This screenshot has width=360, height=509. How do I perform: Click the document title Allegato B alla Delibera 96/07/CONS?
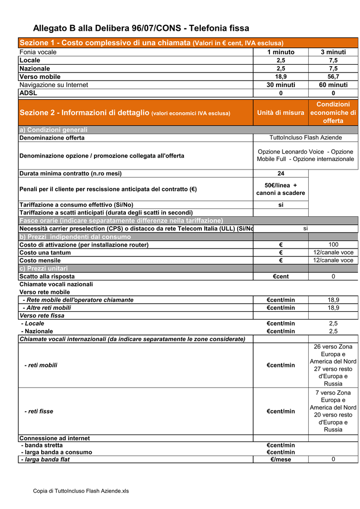pos(141,28)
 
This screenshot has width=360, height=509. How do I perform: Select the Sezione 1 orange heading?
pos(151,43)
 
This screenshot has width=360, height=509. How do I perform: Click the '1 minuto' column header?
pos(280,52)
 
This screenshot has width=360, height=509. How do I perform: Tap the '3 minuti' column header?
pos(333,52)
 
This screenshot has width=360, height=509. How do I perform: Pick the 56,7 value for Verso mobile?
pos(333,77)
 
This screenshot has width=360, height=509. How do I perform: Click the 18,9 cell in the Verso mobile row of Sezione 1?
pos(280,77)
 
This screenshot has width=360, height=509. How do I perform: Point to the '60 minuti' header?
pos(333,85)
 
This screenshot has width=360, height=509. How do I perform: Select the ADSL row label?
pos(28,93)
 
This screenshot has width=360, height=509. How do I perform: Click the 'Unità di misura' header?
pos(280,113)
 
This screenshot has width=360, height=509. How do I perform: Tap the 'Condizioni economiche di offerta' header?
pos(333,112)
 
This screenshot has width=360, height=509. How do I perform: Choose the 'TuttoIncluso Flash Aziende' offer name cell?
pos(305,138)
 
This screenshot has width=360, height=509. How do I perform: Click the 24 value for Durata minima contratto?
pos(280,173)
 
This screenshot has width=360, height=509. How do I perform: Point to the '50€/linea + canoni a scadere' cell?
pos(280,189)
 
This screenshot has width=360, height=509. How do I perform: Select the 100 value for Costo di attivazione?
pos(333,245)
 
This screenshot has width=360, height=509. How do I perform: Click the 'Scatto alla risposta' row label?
pos(47,276)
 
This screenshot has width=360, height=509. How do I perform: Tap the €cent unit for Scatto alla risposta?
pos(280,276)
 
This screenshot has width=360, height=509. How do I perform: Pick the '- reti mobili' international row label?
pos(41,365)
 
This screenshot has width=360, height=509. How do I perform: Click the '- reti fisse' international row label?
pos(39,412)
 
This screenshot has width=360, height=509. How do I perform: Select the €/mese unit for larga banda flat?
pos(280,460)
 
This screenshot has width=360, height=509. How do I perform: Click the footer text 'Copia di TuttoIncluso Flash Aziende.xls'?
pos(81,491)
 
